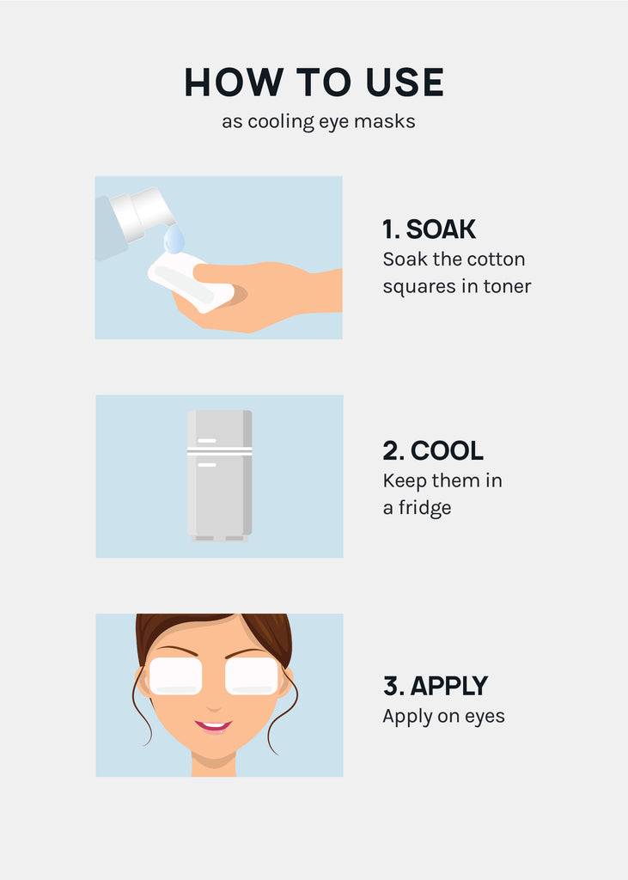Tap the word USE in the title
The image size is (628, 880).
405,82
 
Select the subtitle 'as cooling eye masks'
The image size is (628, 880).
318,122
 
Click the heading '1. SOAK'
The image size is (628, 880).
429,229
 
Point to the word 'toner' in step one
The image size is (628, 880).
507,286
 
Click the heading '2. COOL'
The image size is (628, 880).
433,450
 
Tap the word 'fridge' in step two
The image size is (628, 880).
425,508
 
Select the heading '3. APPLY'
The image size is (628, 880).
436,686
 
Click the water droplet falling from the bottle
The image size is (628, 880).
174,241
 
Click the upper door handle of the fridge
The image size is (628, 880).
206,441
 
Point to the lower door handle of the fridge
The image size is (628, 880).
206,465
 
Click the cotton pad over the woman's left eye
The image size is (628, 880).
252,676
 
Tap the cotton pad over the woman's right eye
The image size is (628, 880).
175,676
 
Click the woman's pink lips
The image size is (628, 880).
213,727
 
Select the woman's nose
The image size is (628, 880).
214,706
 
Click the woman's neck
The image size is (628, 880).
214,764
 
